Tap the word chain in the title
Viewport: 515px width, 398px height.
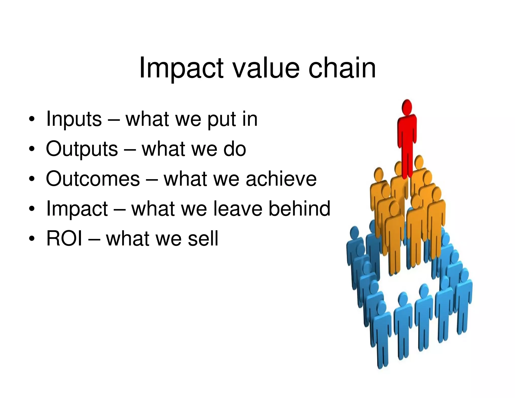click(x=342, y=68)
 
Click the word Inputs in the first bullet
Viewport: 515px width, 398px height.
click(x=74, y=119)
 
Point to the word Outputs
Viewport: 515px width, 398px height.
click(x=82, y=149)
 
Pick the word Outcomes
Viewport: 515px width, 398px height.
click(x=93, y=179)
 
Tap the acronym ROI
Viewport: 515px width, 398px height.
click(x=64, y=238)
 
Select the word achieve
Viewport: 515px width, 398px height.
click(x=281, y=179)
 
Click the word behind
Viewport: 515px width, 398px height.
click(x=299, y=209)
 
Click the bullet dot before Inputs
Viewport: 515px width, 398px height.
click(x=31, y=120)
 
